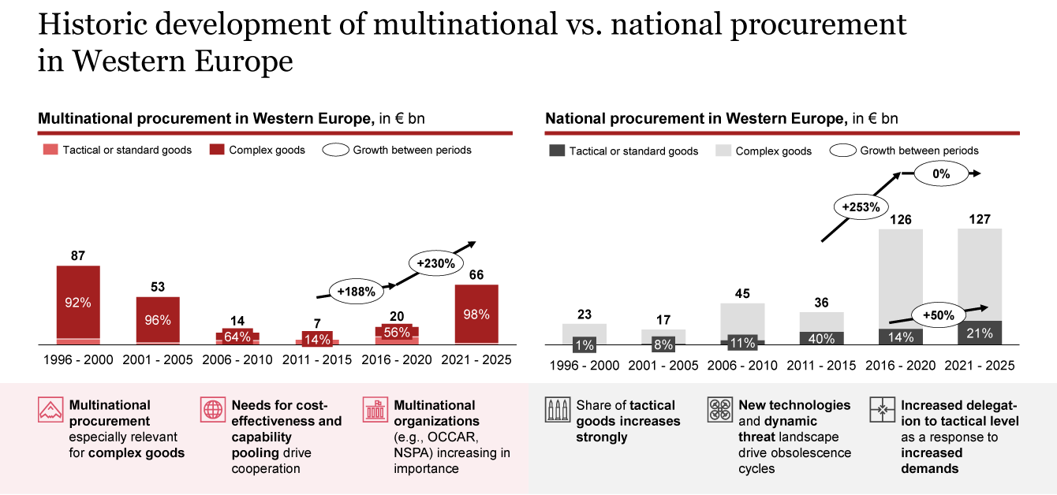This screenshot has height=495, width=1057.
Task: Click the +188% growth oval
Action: coord(355,290)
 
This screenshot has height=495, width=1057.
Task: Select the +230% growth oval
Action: coord(436,263)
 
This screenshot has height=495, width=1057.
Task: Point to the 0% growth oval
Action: coord(940,173)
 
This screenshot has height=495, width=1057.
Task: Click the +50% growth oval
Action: coord(939,315)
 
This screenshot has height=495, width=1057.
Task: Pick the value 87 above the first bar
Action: coord(77,255)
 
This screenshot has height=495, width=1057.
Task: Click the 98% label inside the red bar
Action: coord(476,314)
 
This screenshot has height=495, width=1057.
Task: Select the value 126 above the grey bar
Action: coord(900,219)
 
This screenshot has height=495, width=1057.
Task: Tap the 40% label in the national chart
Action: coord(821,337)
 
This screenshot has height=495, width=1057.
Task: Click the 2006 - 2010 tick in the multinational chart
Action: coord(237,360)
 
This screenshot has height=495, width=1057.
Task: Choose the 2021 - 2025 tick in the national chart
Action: coord(979,366)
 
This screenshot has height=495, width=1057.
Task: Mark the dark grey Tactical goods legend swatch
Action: coord(555,151)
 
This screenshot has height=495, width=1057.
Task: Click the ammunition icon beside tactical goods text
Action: coord(557,411)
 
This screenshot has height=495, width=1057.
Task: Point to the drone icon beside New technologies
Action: coord(719,411)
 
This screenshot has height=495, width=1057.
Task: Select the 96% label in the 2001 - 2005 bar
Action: coord(157,321)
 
